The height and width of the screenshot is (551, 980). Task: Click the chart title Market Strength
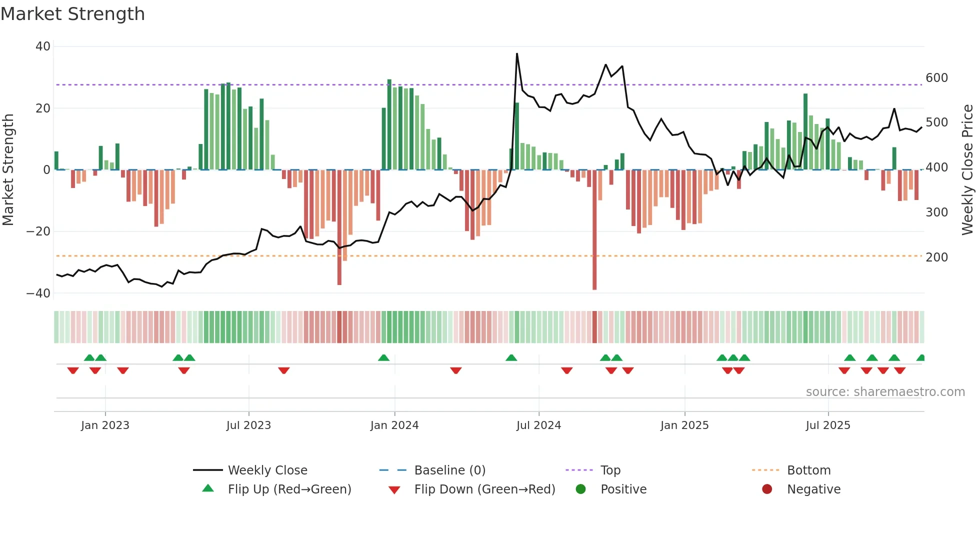[x=72, y=14]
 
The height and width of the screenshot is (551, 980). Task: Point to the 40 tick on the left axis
[x=43, y=46]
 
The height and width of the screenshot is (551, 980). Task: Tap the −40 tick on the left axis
[x=38, y=293]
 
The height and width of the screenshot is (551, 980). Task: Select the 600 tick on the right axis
[x=936, y=78]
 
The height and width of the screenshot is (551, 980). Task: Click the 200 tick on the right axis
[x=936, y=257]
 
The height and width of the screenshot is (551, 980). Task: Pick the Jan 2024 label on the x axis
[x=394, y=425]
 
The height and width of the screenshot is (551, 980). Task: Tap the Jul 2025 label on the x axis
[x=828, y=425]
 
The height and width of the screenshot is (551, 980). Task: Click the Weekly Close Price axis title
[x=967, y=170]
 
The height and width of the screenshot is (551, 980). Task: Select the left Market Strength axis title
[x=8, y=170]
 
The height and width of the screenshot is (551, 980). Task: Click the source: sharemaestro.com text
[x=885, y=392]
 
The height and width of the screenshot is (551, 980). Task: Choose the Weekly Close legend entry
[x=267, y=470]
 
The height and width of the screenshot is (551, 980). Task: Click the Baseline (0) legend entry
[x=449, y=470]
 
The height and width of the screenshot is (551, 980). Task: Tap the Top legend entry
[x=610, y=470]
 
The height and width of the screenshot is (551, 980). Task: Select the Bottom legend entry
[x=808, y=470]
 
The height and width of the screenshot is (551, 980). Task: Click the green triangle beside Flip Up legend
[x=208, y=488]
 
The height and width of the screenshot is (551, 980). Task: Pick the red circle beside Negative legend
[x=767, y=489]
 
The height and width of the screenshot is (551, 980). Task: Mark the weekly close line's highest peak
[x=517, y=54]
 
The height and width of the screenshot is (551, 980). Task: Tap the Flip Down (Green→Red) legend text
[x=484, y=489]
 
